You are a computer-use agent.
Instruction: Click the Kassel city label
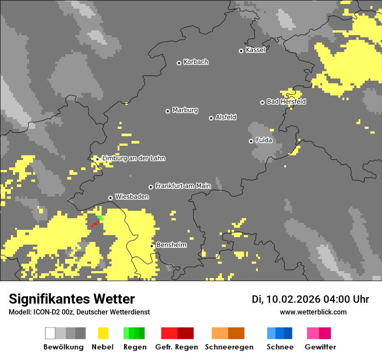point(255,50)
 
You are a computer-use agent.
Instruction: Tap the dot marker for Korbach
point(179,63)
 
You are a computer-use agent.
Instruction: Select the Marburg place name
point(185,110)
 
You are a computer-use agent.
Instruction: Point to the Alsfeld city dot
point(211,118)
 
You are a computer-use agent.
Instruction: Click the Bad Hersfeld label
point(286,101)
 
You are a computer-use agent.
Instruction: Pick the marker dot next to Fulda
point(251,141)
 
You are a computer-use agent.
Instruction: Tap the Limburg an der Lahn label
point(133,158)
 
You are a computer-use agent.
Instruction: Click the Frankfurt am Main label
point(183,186)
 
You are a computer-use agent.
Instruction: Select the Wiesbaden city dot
point(110,198)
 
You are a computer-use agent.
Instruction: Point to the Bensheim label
point(171,245)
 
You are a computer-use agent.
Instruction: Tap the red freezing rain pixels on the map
point(95,223)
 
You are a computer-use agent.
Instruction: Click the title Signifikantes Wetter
point(72,299)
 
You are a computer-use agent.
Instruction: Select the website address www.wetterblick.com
point(313,312)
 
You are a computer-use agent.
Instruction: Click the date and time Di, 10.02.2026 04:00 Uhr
point(310,299)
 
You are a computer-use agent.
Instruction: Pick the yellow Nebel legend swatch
point(103,333)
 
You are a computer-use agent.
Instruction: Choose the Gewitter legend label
point(320,347)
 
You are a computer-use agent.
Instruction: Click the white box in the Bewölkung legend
point(50,333)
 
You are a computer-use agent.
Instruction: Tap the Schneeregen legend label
point(229,347)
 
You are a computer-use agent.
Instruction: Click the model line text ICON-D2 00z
point(47,312)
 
